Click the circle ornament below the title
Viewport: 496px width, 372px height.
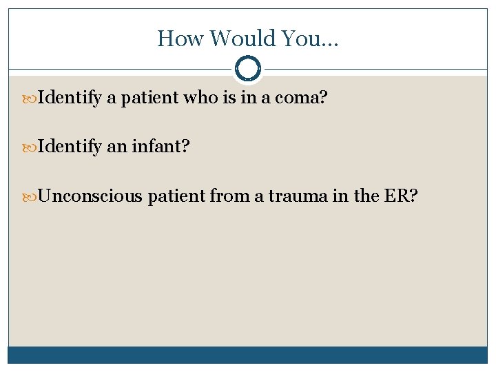pyautogui.click(x=247, y=69)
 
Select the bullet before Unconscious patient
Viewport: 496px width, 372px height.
pyautogui.click(x=32, y=197)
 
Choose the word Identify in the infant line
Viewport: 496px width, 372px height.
pyautogui.click(x=70, y=148)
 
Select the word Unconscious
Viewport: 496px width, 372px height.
pyautogui.click(x=90, y=197)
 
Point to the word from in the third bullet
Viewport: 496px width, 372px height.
pyautogui.click(x=228, y=197)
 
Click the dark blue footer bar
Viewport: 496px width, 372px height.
pyautogui.click(x=247, y=355)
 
